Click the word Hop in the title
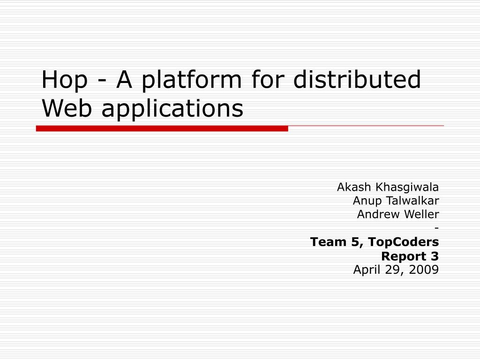[64, 81]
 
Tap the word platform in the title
[191, 81]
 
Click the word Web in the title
[67, 108]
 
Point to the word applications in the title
[172, 108]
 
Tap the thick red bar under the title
[162, 128]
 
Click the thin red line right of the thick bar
[366, 126]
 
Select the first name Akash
[353, 187]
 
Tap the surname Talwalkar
[412, 201]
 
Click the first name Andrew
[376, 214]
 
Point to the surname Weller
[420, 214]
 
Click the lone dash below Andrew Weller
[436, 228]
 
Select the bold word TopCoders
[404, 242]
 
